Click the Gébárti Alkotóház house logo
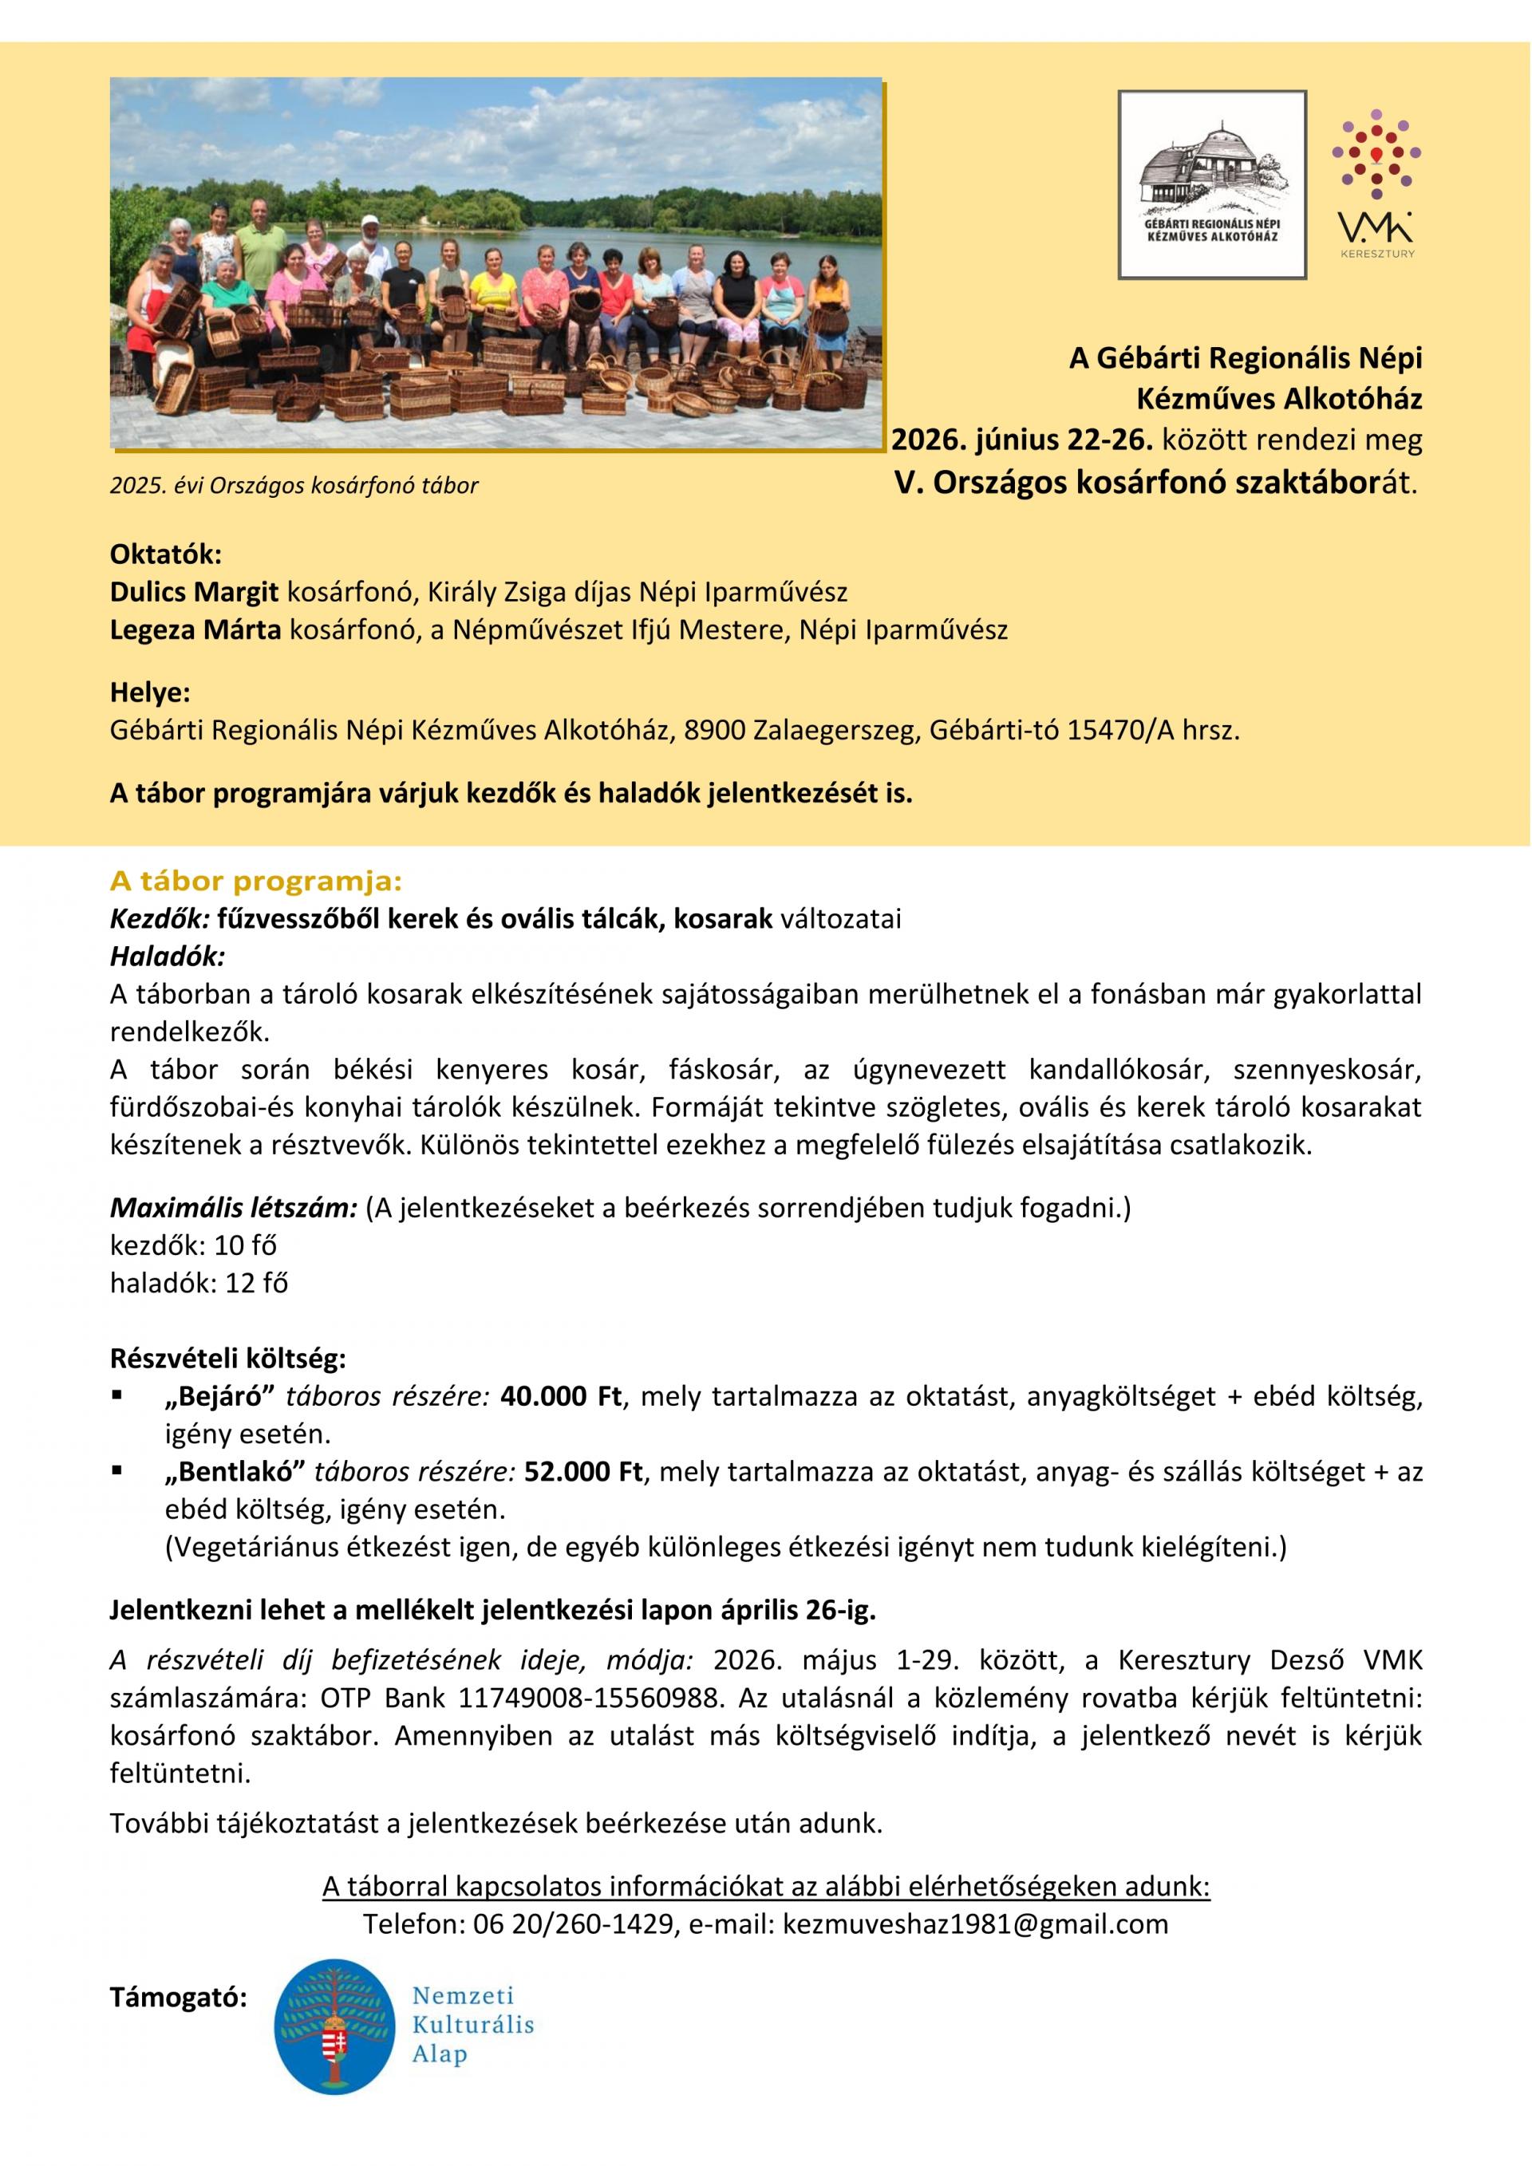(1211, 184)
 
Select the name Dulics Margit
(195, 593)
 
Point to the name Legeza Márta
(195, 630)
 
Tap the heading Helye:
(150, 693)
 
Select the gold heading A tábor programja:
(255, 882)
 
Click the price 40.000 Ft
(561, 1397)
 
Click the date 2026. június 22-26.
(1023, 440)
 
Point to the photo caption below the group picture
(294, 486)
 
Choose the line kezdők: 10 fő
(193, 1245)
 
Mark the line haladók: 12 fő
(199, 1283)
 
